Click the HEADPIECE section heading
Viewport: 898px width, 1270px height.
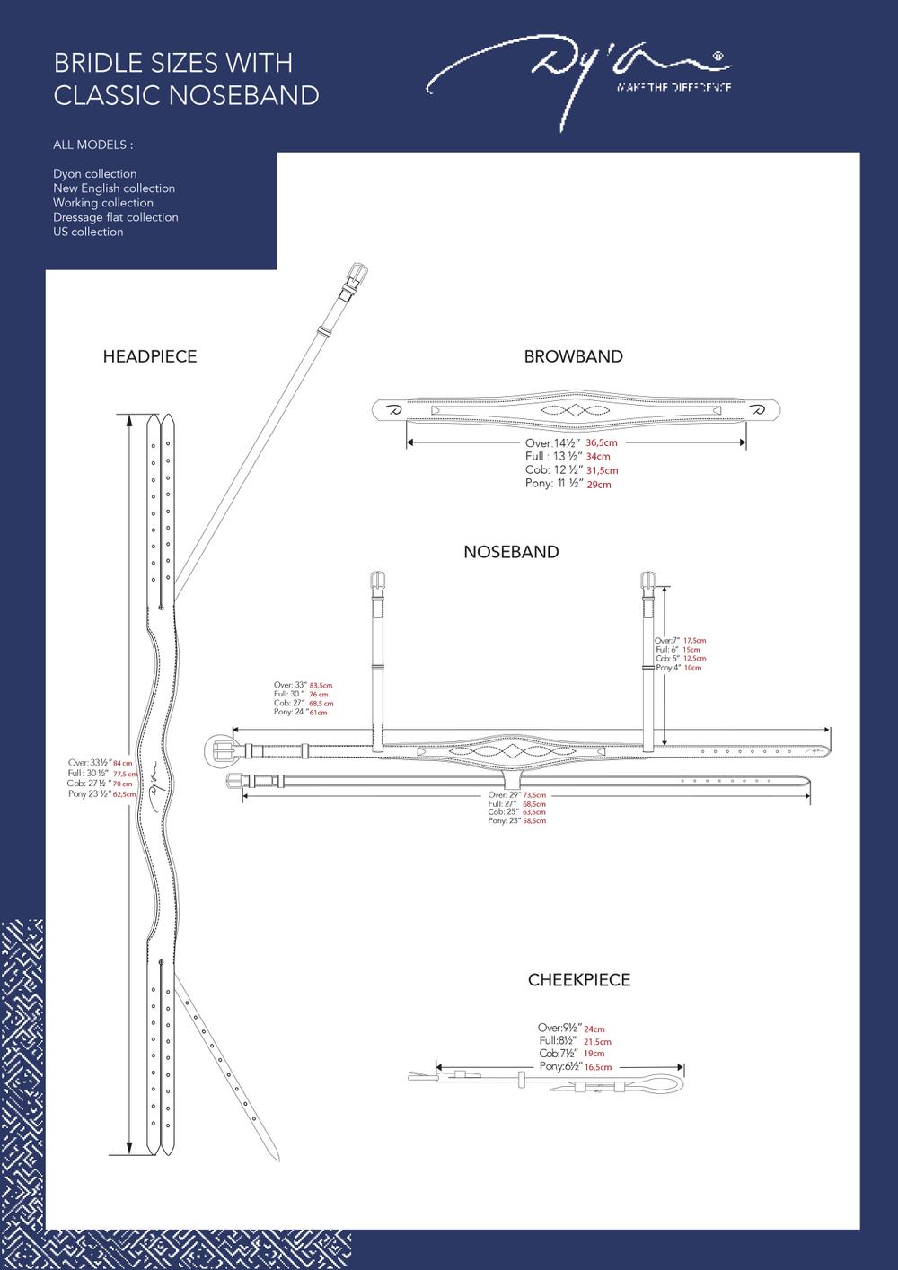(x=150, y=356)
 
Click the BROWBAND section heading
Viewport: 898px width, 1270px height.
(x=573, y=356)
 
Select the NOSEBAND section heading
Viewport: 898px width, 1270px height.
(x=511, y=552)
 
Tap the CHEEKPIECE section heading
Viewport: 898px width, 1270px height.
(x=578, y=980)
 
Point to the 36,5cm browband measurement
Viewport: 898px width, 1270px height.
(x=602, y=443)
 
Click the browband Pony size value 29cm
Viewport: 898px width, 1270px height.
(x=598, y=485)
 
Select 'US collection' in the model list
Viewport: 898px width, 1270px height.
(x=88, y=232)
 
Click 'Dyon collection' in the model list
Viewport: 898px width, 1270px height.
(x=94, y=174)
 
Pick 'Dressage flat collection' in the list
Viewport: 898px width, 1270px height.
(x=115, y=217)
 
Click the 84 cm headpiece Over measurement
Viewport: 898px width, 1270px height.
(x=123, y=763)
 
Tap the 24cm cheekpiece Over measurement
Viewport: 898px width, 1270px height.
(x=594, y=1029)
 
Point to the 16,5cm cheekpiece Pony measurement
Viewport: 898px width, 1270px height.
(x=597, y=1067)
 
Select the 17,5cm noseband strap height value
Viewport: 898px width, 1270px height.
(x=694, y=641)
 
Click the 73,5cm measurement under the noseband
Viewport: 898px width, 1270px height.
(x=533, y=795)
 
